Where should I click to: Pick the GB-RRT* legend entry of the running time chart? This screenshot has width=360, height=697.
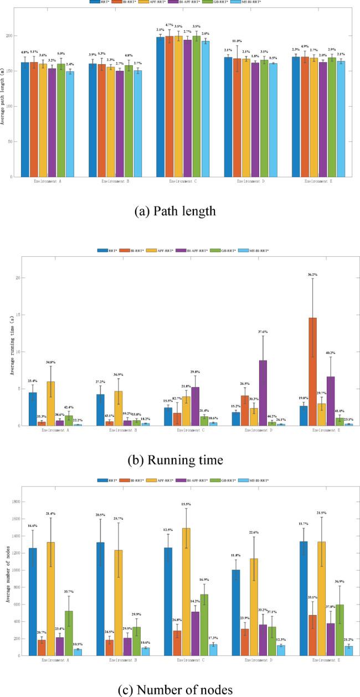point(225,251)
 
